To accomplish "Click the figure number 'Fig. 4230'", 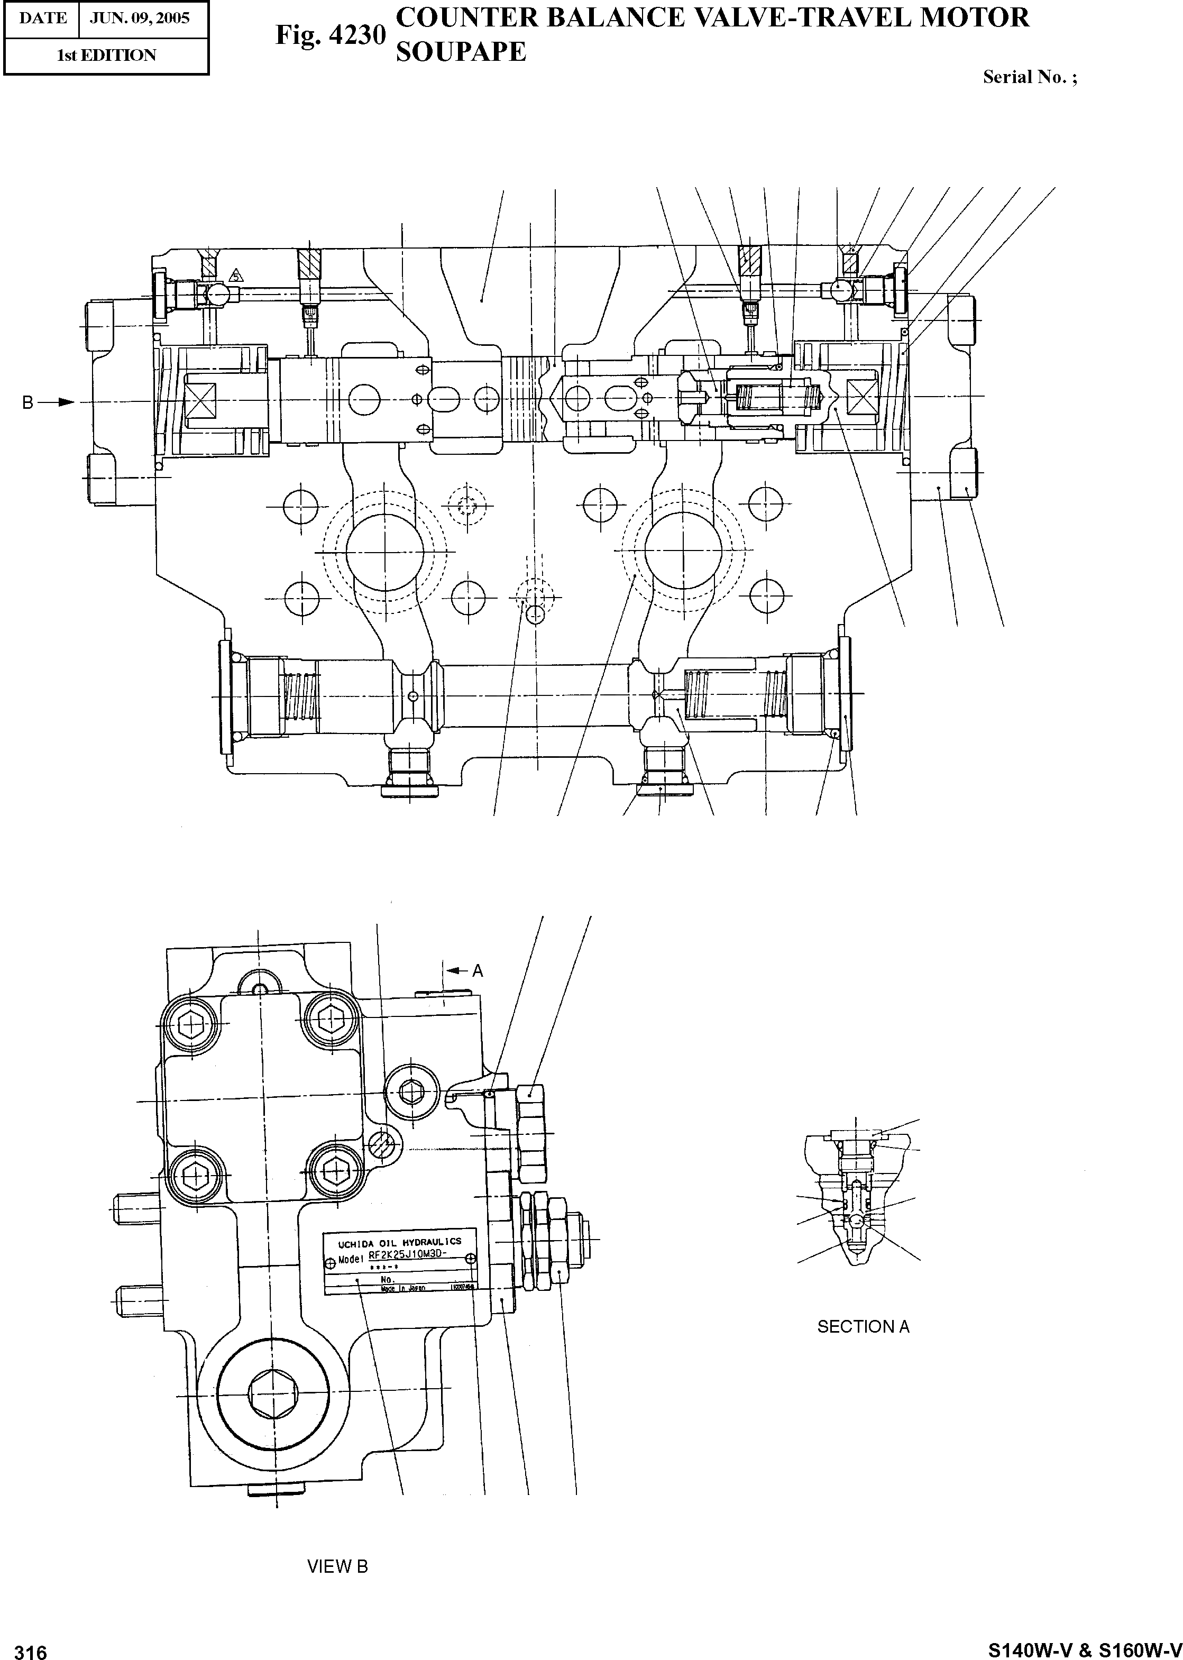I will coord(330,35).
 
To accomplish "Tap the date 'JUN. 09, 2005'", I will coord(139,17).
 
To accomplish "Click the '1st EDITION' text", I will coord(106,56).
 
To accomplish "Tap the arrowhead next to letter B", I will coord(66,402).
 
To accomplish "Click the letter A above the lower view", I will coord(478,971).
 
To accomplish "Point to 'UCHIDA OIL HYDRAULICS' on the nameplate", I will coord(399,1243).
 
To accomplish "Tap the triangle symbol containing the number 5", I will coord(235,276).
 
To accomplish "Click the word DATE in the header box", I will coord(42,17).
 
